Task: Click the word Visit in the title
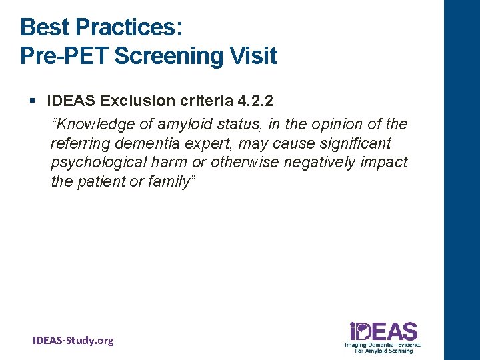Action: tap(253, 55)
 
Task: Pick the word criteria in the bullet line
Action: tap(201, 101)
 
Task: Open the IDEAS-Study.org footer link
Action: tap(73, 341)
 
